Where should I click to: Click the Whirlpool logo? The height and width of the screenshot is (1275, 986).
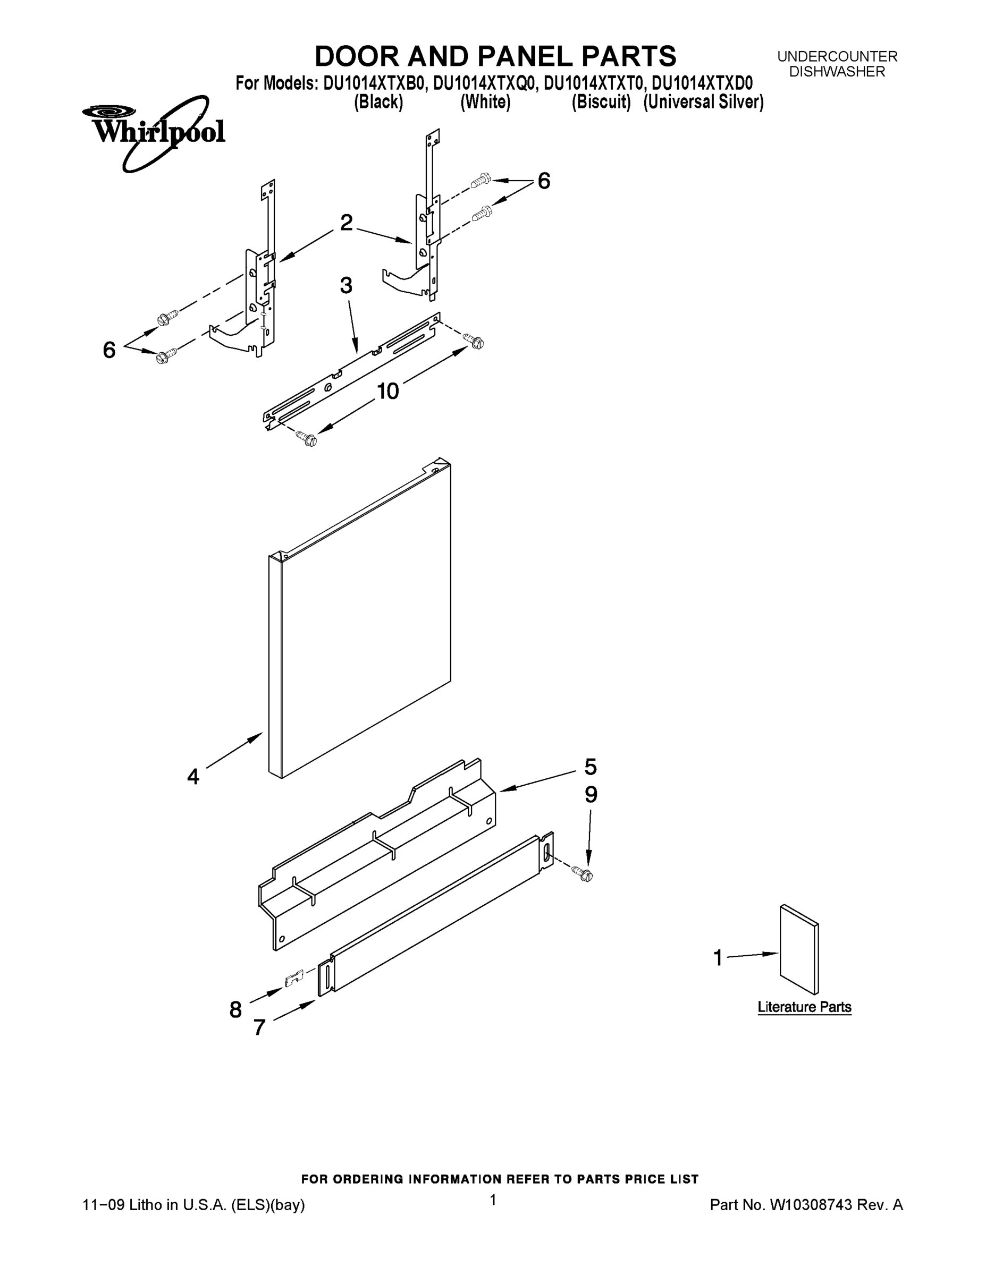[x=154, y=132]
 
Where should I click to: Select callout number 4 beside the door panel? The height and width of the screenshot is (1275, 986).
[x=193, y=777]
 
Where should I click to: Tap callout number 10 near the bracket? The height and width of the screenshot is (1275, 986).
[x=388, y=391]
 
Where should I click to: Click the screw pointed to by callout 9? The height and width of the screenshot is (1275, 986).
[x=586, y=874]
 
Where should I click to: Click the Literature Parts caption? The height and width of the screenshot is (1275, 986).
[x=804, y=1007]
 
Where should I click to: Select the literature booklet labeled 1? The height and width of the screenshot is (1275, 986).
[x=799, y=950]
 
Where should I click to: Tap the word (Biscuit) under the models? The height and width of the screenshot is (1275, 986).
[x=601, y=102]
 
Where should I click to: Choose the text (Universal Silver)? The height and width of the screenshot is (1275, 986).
[x=703, y=102]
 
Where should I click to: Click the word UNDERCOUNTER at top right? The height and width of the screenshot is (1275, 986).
[x=837, y=57]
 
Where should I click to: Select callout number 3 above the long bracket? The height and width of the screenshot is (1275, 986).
[x=346, y=285]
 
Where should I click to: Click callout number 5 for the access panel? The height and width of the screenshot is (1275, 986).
[x=590, y=767]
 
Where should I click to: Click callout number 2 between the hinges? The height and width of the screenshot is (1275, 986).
[x=347, y=223]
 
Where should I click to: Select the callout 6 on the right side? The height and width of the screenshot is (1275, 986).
[x=543, y=182]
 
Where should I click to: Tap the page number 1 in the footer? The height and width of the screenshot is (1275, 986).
[x=493, y=1200]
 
